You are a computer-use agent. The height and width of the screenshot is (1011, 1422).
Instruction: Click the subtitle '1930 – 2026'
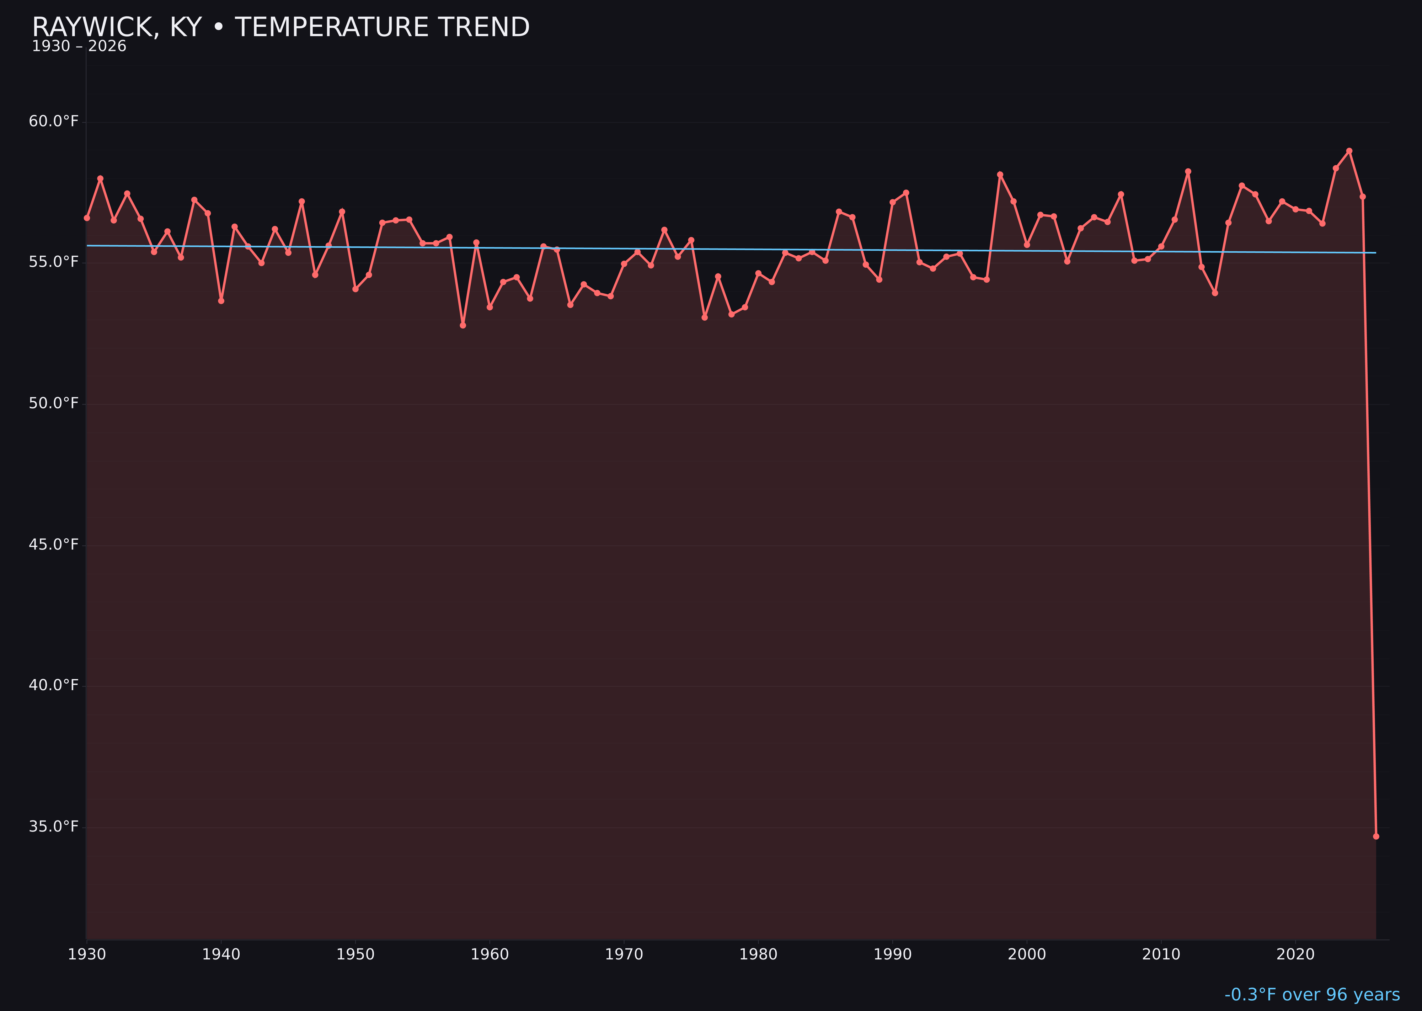(79, 47)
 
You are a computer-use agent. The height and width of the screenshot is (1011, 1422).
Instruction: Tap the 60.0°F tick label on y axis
(54, 121)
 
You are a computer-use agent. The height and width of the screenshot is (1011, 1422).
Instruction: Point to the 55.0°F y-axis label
(54, 262)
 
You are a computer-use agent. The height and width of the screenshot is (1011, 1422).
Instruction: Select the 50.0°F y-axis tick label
(54, 403)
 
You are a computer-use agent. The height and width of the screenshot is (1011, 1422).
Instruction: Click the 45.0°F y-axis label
(54, 545)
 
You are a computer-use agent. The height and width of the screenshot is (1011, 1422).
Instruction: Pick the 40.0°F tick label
(54, 685)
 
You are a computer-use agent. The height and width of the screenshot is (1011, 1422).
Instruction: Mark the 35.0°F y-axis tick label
(54, 827)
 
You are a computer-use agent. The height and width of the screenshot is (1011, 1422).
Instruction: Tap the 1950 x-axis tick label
(355, 954)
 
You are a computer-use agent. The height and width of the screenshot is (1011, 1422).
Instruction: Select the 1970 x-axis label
(624, 954)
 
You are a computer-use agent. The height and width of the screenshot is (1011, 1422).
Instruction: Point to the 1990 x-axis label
(892, 954)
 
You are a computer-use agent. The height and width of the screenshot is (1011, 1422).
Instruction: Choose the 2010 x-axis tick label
(1161, 954)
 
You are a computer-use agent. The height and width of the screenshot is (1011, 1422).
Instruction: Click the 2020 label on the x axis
(1295, 954)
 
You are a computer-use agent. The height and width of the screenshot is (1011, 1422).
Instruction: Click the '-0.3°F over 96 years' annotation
(1312, 995)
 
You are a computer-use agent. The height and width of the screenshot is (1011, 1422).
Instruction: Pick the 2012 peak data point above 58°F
(1188, 172)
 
